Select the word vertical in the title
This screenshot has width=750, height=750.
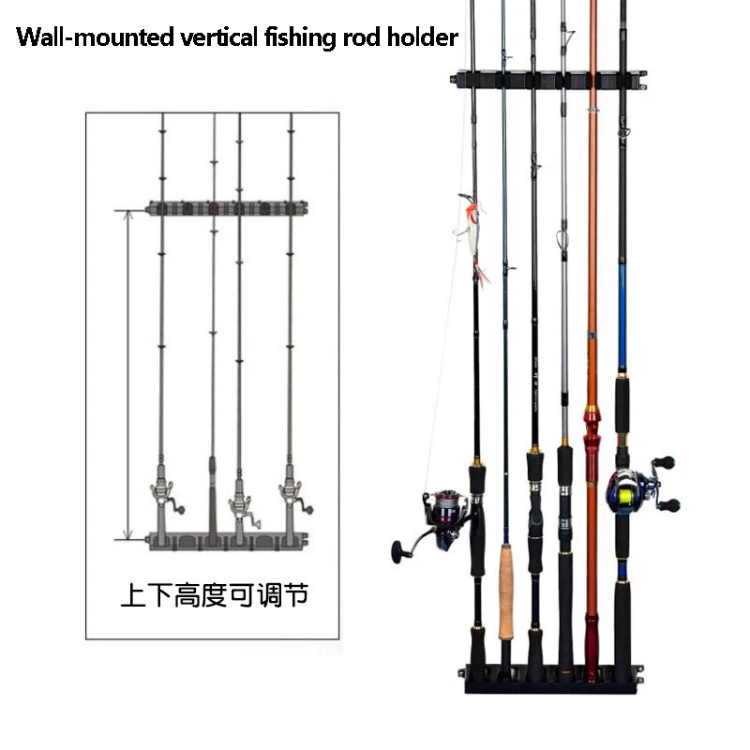[210, 38]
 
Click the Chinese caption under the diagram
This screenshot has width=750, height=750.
[214, 595]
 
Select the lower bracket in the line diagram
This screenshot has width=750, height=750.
[230, 540]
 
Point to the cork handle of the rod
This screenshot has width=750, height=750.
[506, 591]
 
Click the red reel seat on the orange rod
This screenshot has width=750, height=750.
[592, 441]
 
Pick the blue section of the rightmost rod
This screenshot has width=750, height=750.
[622, 319]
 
